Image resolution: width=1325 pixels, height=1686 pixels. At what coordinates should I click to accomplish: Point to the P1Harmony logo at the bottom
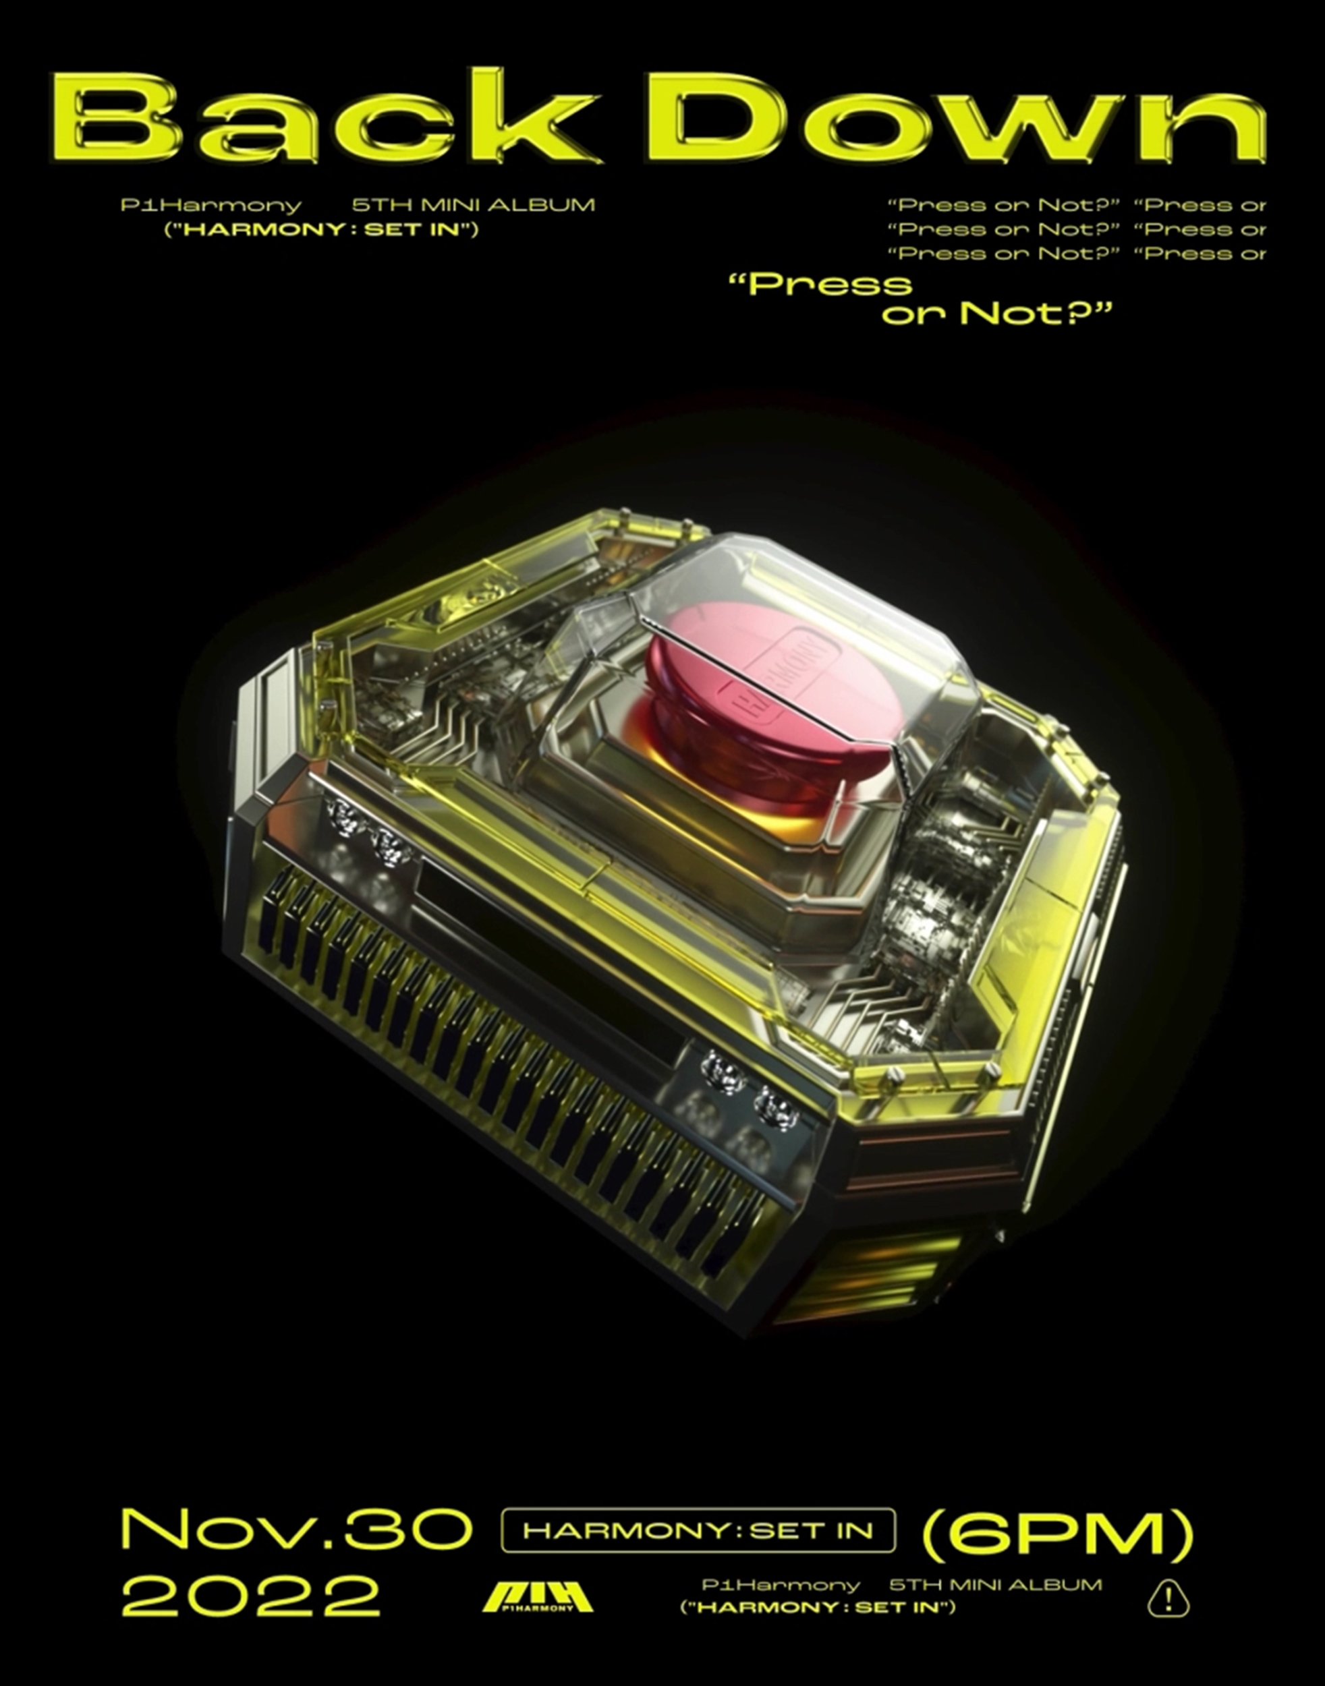pyautogui.click(x=538, y=1594)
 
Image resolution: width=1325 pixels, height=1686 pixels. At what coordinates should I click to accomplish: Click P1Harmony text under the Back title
pyautogui.click(x=211, y=206)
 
